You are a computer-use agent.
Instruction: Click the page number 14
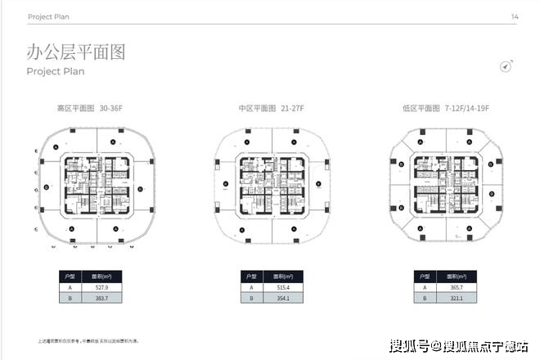[515, 16]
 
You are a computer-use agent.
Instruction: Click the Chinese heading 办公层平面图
[75, 52]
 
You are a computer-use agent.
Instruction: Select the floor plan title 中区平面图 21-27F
[271, 108]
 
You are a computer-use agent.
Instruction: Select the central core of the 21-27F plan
[271, 186]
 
